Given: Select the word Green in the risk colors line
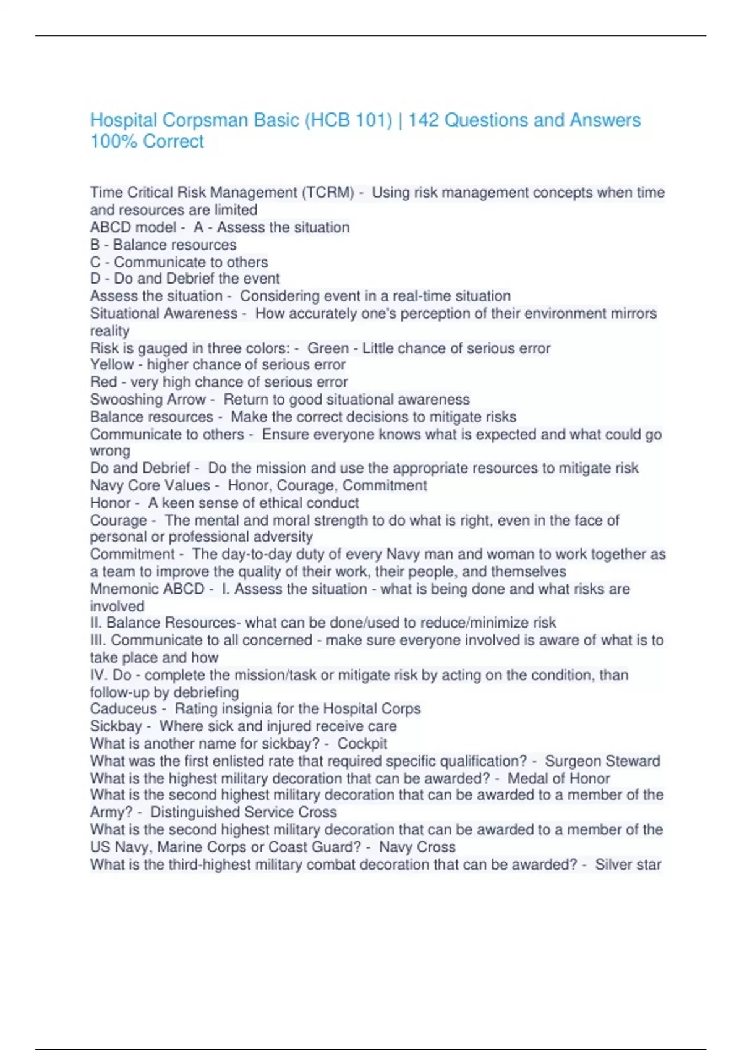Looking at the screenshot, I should pyautogui.click(x=328, y=348).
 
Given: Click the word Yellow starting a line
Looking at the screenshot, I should pyautogui.click(x=112, y=365).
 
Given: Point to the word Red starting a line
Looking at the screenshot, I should pyautogui.click(x=103, y=382).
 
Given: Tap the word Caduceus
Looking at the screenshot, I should pyautogui.click(x=123, y=709).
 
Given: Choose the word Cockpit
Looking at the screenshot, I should pyautogui.click(x=362, y=744).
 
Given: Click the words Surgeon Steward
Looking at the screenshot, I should pyautogui.click(x=602, y=761).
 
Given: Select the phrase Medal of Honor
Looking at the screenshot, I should pyautogui.click(x=558, y=778).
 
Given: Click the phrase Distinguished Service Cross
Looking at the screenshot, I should pyautogui.click(x=244, y=812).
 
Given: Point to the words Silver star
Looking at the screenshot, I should pyautogui.click(x=628, y=864).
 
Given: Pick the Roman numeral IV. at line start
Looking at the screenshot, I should pyautogui.click(x=99, y=675).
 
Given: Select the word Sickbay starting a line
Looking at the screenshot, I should pyautogui.click(x=116, y=726).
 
